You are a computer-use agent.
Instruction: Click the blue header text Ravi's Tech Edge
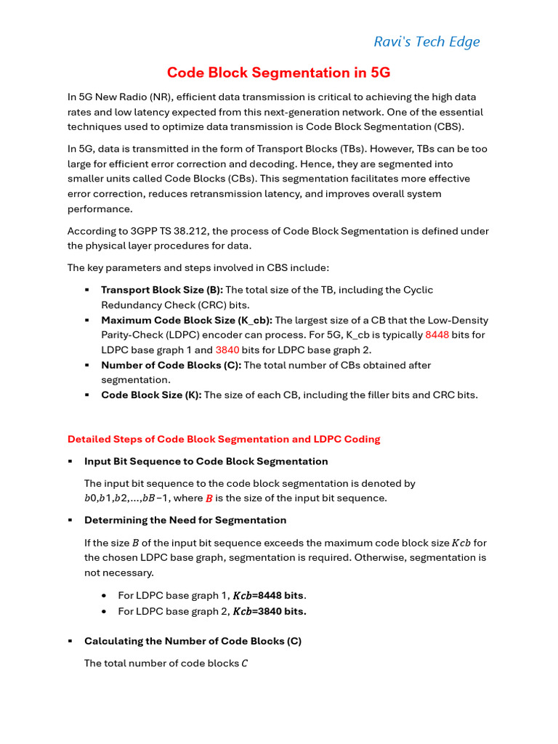(426, 41)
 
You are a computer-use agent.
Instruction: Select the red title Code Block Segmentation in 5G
(279, 73)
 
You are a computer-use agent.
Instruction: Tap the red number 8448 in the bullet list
(437, 335)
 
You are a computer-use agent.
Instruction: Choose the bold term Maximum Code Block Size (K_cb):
(187, 320)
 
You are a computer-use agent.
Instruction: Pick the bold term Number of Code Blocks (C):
(171, 365)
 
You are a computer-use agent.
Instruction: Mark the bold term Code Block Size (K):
(151, 395)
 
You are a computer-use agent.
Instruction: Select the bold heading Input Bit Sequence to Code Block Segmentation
(206, 461)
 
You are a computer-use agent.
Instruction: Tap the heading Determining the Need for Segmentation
(185, 520)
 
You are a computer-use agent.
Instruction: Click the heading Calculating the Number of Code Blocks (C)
(193, 641)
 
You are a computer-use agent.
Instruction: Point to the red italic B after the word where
(209, 498)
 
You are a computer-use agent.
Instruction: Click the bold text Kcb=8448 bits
(268, 596)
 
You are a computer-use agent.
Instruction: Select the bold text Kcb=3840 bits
(269, 611)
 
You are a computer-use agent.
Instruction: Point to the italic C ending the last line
(244, 663)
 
